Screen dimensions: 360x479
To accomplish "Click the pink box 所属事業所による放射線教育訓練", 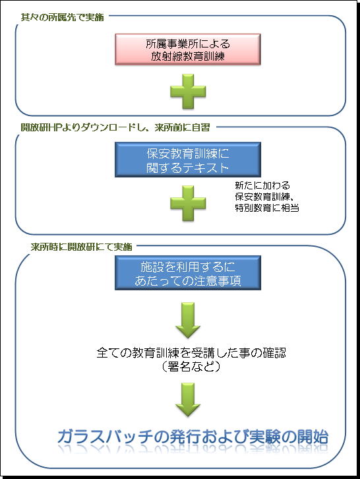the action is [x=187, y=49].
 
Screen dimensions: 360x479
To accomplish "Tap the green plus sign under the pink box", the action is [x=188, y=92].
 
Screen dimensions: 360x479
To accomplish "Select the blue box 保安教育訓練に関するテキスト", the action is [x=187, y=160].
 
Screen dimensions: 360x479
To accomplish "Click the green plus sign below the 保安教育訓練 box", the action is [x=188, y=203].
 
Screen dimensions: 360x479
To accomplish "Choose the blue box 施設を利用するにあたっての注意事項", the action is [x=187, y=272].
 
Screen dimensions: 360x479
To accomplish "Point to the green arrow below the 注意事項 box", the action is [x=188, y=320].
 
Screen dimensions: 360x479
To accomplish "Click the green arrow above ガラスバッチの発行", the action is [x=188, y=400].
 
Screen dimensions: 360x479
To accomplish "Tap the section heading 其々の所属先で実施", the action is [x=62, y=17].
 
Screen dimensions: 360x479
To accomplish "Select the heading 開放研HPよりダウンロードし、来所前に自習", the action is [x=115, y=127].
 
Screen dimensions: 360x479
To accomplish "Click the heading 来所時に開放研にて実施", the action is [x=81, y=247].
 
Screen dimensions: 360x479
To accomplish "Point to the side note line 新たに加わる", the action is [x=262, y=185].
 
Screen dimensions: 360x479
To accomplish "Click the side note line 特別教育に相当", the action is [x=267, y=208].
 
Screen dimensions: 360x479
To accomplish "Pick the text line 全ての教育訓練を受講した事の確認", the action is [x=191, y=353].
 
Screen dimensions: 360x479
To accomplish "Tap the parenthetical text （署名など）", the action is [x=191, y=366].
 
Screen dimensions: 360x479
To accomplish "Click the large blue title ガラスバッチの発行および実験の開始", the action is [x=193, y=437].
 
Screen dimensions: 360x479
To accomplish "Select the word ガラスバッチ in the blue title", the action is [x=105, y=437].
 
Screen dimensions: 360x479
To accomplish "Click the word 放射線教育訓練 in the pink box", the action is [x=188, y=56].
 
